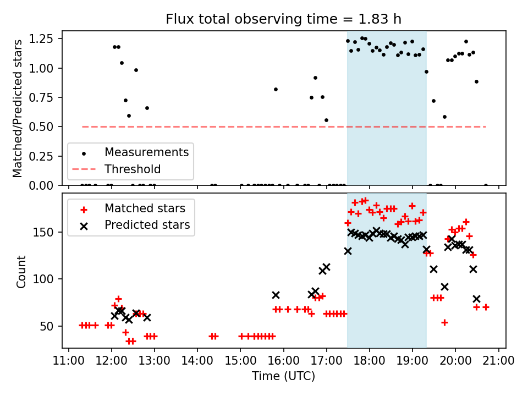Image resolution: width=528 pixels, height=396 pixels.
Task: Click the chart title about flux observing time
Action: [283, 19]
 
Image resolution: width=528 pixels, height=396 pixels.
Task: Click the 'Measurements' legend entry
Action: [146, 152]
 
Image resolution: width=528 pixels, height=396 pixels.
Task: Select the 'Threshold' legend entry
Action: [133, 169]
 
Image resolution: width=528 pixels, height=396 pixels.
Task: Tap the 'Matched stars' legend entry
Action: [145, 208]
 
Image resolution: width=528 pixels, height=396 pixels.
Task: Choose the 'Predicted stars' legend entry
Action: [147, 224]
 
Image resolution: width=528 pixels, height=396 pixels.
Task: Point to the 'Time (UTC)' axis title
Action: [283, 376]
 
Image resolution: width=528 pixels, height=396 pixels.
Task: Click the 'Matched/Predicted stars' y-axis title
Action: [18, 108]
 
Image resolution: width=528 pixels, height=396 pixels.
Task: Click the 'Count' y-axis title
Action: [21, 271]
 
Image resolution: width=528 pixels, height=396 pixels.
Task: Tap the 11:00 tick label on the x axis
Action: [68, 360]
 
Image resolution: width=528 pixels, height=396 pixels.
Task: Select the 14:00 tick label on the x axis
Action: [197, 360]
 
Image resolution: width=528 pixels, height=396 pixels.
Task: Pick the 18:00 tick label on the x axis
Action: [370, 360]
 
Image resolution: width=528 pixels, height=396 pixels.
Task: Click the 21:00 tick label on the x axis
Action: [498, 360]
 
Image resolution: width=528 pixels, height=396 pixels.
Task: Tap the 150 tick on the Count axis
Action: [48, 232]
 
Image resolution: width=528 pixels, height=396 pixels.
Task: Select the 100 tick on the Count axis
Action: [48, 279]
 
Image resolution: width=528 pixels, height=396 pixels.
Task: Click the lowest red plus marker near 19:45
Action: [444, 322]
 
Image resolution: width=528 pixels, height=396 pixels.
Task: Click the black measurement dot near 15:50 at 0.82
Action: [276, 89]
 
